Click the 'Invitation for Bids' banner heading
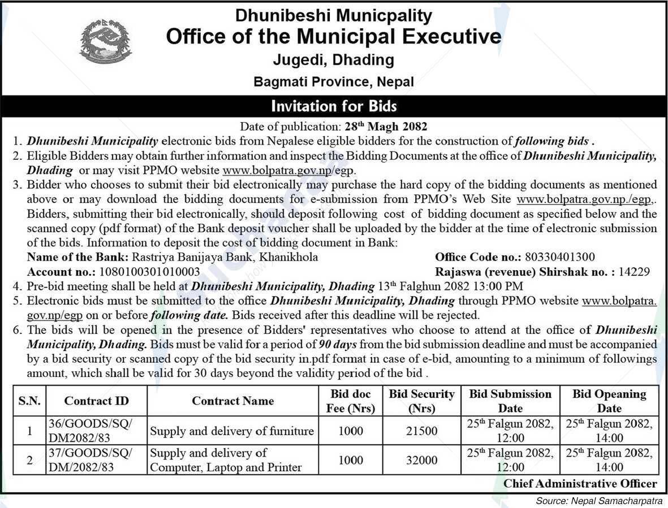coord(334,106)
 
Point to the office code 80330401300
coord(560,257)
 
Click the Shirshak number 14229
coord(634,271)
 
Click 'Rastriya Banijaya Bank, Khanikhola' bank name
coord(225,257)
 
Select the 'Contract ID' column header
coord(96,401)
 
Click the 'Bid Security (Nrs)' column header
coord(421,401)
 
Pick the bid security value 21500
coord(421,431)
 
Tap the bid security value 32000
coord(421,460)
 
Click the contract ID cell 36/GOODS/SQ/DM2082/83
coord(90,431)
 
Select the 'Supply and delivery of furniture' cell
coord(231,431)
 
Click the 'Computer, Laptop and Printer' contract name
coord(226,467)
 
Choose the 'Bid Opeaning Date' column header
coord(609,401)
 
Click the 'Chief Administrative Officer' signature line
coord(580,484)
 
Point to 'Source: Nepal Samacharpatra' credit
coord(601,501)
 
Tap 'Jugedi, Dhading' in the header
coord(334,59)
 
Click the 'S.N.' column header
coord(29,401)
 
